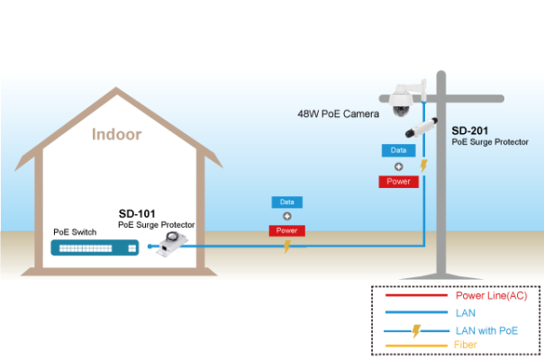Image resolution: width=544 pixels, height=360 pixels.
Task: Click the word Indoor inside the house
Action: pos(116,135)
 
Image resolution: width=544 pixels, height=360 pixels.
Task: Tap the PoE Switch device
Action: pos(95,247)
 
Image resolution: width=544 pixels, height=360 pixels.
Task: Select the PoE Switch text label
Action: pos(75,232)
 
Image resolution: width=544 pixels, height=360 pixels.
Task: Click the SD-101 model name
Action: pos(137,213)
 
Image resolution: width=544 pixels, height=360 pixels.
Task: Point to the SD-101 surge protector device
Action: pos(172,245)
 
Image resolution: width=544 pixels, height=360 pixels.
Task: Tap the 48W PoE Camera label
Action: pos(339,113)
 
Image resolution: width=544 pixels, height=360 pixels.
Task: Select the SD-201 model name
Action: pos(470,130)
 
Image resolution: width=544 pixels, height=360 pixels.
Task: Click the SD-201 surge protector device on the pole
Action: pos(422,128)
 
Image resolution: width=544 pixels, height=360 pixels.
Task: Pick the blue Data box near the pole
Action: pos(399,150)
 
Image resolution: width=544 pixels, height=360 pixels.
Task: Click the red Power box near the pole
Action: pos(399,182)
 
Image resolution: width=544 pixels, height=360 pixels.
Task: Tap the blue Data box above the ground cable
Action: pos(287,202)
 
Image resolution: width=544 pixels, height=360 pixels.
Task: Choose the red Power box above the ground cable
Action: pos(287,230)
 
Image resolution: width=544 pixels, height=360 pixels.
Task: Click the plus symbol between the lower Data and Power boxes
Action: pos(287,216)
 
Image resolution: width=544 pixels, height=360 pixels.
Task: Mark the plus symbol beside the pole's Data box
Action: pos(399,166)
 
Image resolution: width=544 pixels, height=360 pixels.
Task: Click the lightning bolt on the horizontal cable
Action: pos(287,247)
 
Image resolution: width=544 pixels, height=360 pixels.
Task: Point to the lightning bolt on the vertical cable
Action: pos(423,166)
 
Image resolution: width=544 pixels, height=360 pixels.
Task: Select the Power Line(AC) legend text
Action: pos(491,295)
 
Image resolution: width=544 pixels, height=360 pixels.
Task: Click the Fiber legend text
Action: pos(466,345)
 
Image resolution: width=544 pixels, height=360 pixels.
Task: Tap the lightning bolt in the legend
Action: pos(416,331)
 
